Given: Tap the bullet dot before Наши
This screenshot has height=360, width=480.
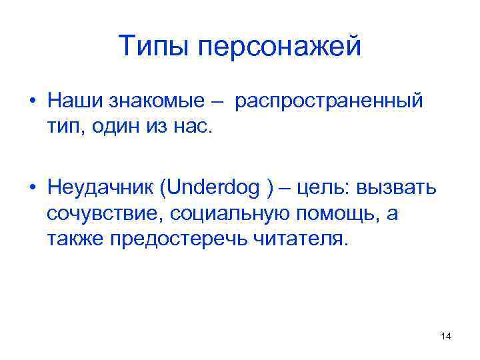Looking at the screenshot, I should (31, 102).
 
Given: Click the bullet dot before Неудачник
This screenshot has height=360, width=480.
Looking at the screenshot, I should (31, 189).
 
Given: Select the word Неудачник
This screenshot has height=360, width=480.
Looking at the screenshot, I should (99, 189).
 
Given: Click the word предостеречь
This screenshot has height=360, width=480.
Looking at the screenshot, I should (172, 238).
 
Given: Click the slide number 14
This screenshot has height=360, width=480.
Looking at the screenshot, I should (446, 337).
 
